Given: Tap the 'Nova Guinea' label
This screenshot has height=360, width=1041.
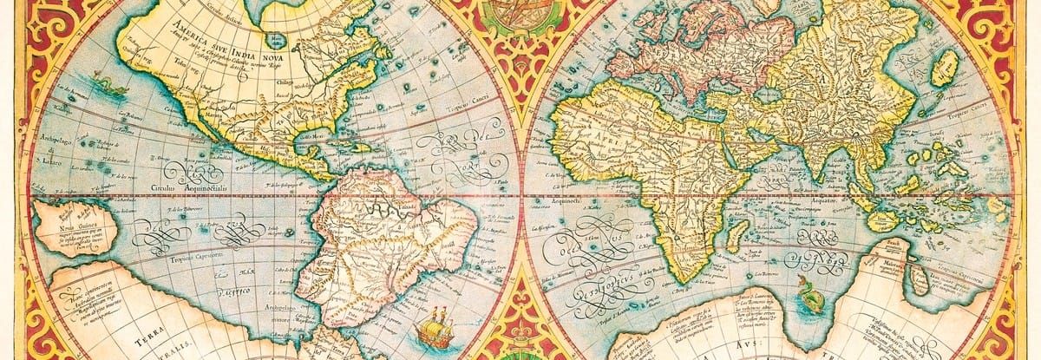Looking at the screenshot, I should (x=75, y=226).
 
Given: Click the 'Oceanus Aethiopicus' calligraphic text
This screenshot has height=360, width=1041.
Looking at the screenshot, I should (x=607, y=260).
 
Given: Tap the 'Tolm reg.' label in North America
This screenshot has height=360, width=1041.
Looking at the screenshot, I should (x=180, y=62).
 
